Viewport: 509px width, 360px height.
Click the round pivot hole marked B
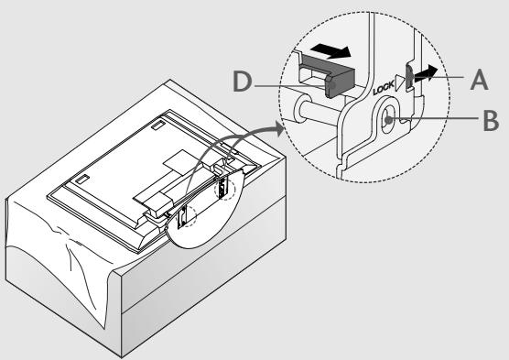(389, 118)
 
